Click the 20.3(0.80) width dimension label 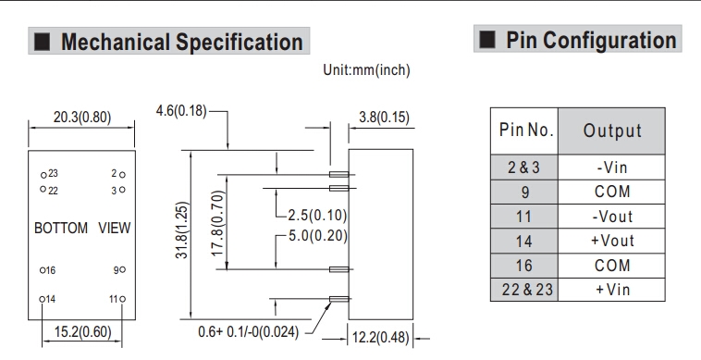(x=82, y=118)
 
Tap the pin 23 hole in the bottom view (x=43, y=175)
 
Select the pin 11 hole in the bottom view (x=122, y=299)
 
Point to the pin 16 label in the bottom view (x=51, y=270)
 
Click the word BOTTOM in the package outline (x=61, y=228)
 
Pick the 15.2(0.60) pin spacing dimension (x=82, y=332)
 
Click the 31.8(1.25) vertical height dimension (x=182, y=230)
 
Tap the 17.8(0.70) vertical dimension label (x=216, y=223)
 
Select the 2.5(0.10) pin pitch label (x=317, y=215)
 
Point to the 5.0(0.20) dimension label (x=318, y=236)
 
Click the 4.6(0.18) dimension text (x=181, y=110)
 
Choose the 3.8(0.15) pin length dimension (x=384, y=118)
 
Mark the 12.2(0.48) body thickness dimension (x=380, y=337)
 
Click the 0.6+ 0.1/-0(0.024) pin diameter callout (x=248, y=332)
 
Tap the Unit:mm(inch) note (x=366, y=70)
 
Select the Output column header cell (x=611, y=131)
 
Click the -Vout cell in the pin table (x=611, y=217)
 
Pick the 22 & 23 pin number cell (x=524, y=290)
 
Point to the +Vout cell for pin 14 (x=611, y=241)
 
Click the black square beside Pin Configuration (x=487, y=40)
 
